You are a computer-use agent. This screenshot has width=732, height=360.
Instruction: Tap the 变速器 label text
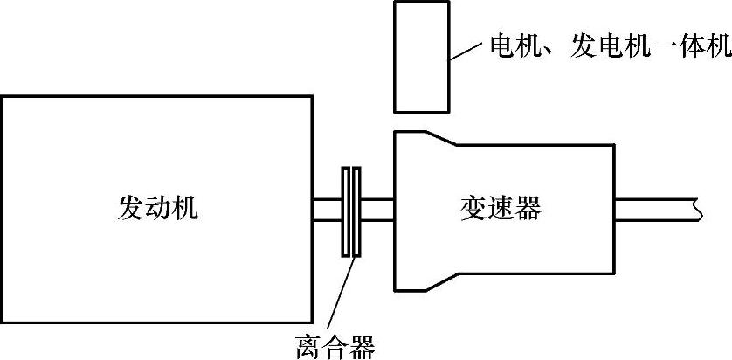501,208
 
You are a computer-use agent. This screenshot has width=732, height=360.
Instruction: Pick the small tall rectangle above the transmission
421,57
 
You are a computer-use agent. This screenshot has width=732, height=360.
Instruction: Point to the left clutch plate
345,211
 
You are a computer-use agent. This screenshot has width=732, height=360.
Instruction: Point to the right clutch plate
356,211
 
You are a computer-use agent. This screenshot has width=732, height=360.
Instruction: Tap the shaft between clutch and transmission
376,210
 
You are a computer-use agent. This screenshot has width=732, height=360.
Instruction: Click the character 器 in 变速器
528,208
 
